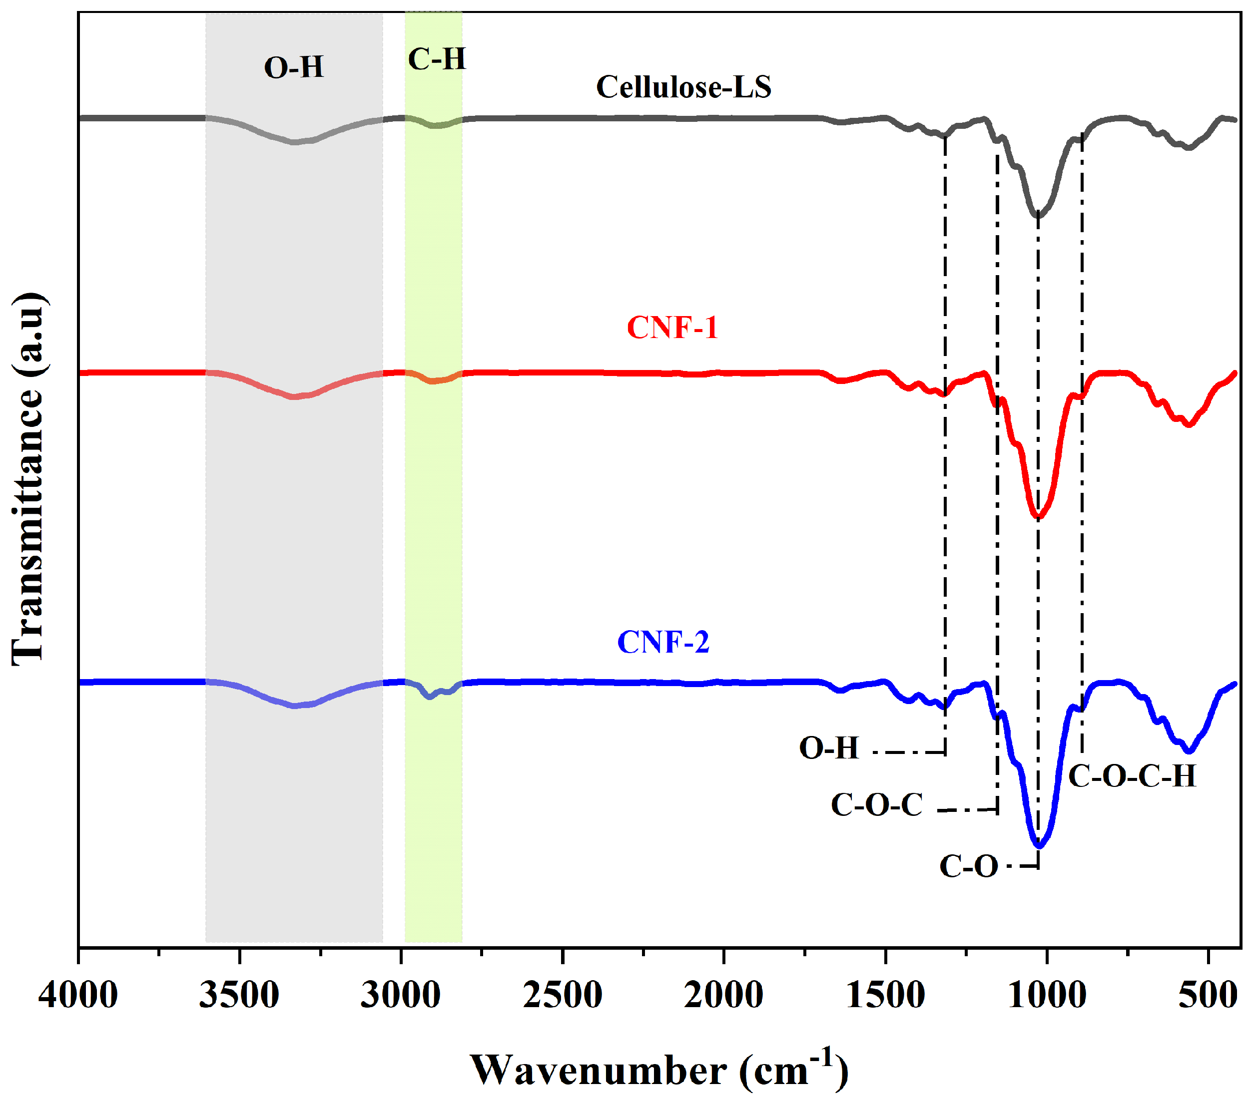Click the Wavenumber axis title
pyautogui.click(x=659, y=1070)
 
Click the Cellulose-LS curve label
pyautogui.click(x=683, y=87)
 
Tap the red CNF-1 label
pyautogui.click(x=672, y=328)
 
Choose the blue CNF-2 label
pyautogui.click(x=663, y=643)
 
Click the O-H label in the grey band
pyautogui.click(x=294, y=67)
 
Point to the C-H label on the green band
pyautogui.click(x=437, y=59)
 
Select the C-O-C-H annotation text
pyautogui.click(x=1132, y=777)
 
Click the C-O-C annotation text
pyautogui.click(x=877, y=805)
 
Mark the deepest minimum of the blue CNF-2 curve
pyautogui.click(x=1039, y=846)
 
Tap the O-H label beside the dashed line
pyautogui.click(x=828, y=748)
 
